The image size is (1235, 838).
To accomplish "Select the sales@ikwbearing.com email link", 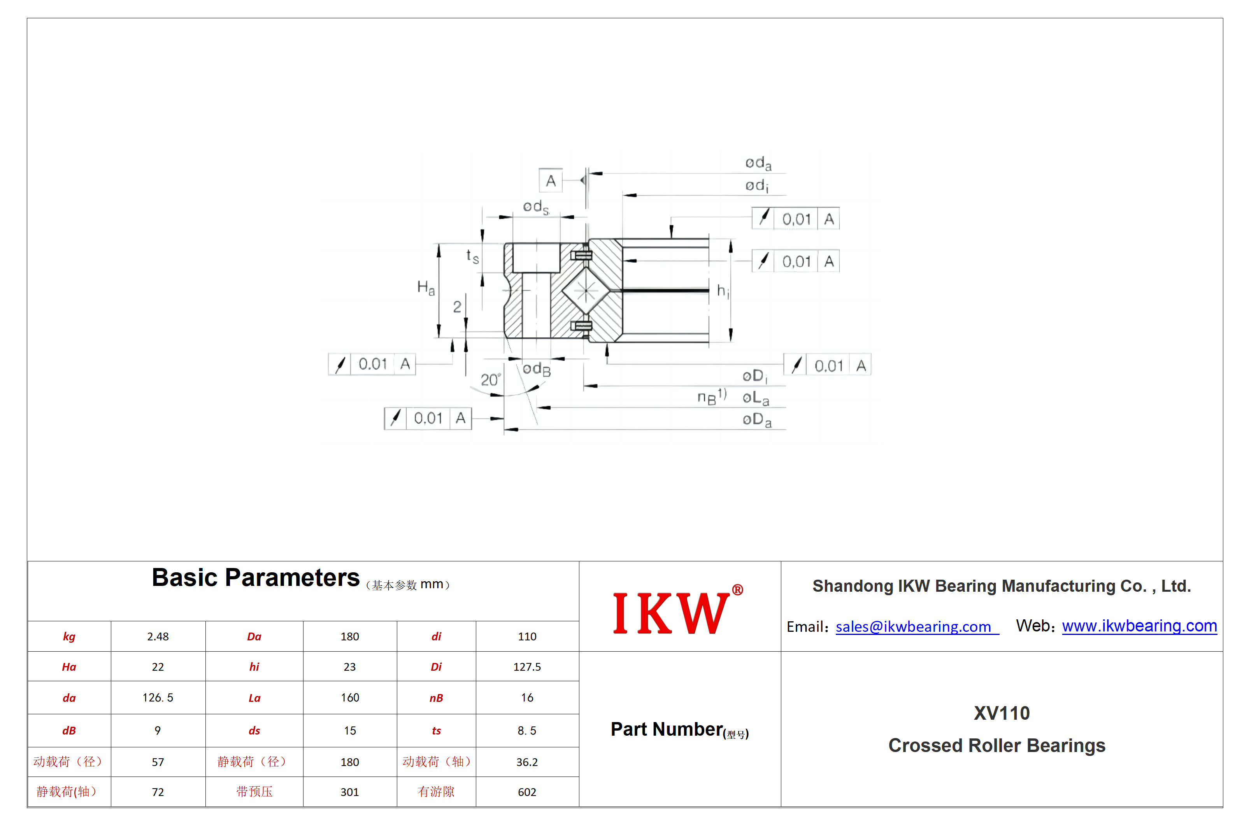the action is tap(917, 627).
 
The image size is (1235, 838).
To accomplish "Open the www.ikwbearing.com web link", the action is tap(1139, 626).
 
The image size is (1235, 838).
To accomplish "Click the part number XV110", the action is tap(1002, 713).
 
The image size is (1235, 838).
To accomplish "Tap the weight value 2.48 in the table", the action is tap(158, 636).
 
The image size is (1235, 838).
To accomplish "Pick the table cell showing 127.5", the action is tap(527, 667).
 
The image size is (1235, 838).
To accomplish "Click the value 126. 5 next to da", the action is tap(158, 698).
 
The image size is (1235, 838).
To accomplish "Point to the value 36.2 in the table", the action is tap(527, 762).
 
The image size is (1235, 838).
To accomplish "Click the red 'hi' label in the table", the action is tap(254, 667).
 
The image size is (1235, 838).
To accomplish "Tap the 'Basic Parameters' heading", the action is tap(256, 578).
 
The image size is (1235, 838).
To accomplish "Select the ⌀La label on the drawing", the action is tap(756, 398).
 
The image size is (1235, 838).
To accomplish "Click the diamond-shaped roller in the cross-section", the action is tap(586, 291).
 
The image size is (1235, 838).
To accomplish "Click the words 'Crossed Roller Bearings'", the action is tap(997, 745).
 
